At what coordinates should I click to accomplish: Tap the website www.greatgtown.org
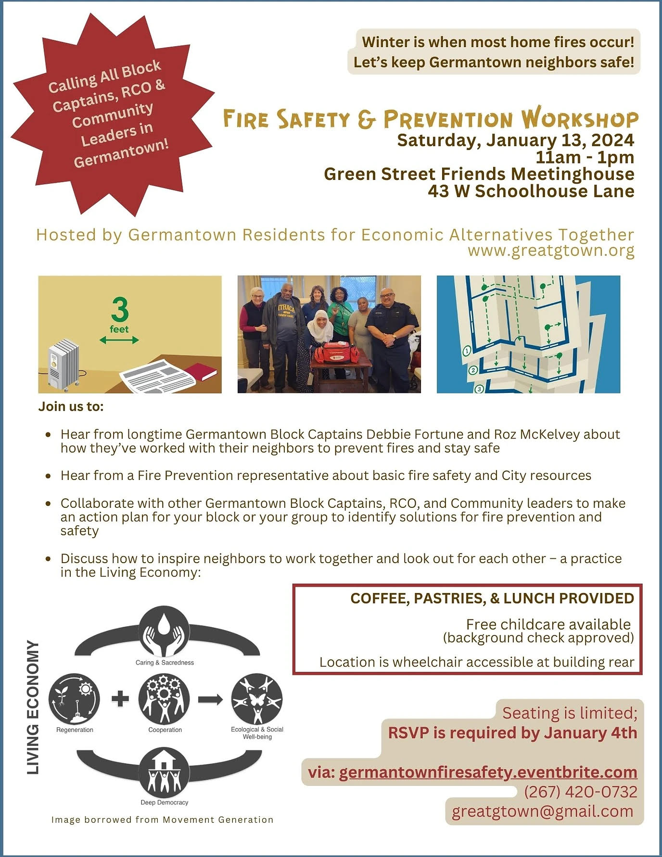coord(551,251)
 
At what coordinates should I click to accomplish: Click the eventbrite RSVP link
coord(488,772)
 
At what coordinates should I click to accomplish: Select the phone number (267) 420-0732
coord(580,792)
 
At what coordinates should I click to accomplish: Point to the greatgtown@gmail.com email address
coord(542,811)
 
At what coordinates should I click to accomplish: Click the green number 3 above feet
coord(120,309)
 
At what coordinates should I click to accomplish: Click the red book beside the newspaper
coord(201,371)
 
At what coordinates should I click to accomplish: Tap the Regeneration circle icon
coord(75,699)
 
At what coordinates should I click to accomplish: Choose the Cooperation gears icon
coord(165,699)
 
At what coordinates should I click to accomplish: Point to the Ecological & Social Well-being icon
coord(257,699)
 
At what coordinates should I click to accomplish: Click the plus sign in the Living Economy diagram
coord(120,699)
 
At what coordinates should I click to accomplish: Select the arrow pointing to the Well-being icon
coord(210,699)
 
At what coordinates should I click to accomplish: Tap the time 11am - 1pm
coord(585,157)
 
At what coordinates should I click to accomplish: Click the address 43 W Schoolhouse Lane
coord(531,191)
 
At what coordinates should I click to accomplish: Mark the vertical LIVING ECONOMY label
coord(33,707)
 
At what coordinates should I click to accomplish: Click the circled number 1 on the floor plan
coord(466,351)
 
